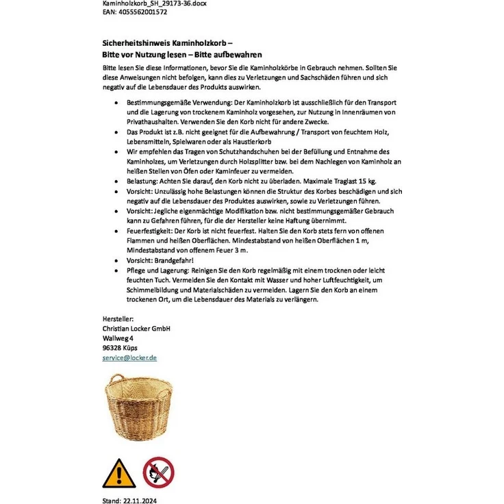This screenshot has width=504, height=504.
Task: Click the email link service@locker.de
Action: [129, 357]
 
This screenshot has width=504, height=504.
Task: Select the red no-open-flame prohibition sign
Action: [158, 473]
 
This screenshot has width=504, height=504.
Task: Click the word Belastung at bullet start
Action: [142, 181]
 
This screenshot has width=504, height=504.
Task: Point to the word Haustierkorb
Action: [253, 141]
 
